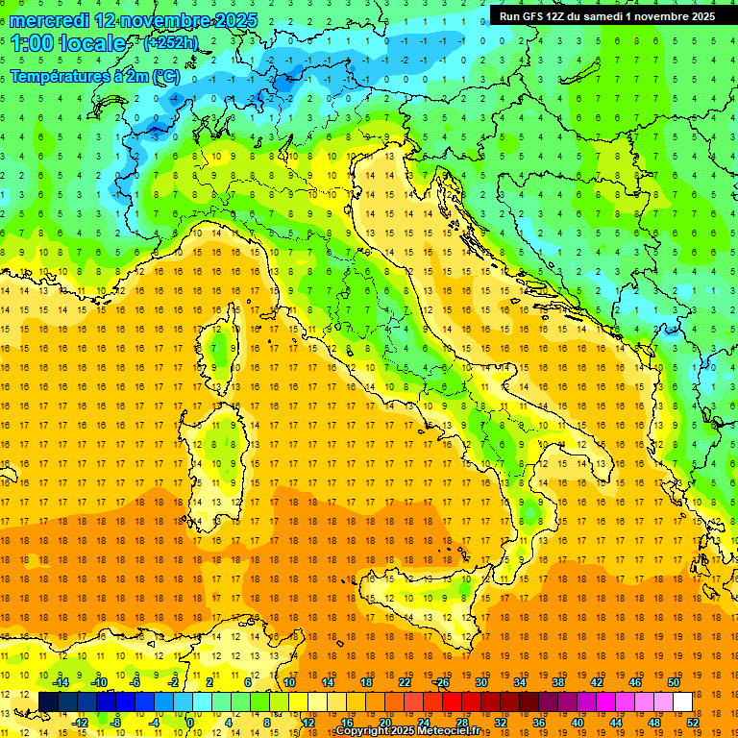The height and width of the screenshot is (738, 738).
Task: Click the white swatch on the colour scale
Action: point(682,702)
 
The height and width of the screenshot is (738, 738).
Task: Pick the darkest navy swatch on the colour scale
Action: point(48,702)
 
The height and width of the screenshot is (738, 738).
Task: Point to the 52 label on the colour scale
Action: point(692,722)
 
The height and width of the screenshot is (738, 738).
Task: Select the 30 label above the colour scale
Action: point(481,682)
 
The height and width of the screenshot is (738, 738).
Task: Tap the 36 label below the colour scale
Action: point(538,722)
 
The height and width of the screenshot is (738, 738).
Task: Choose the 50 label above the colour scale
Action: point(673,682)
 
